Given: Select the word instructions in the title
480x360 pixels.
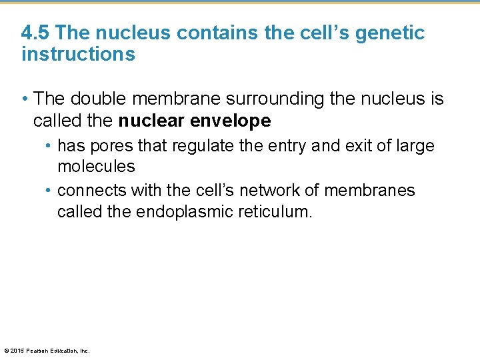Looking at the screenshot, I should [78, 55].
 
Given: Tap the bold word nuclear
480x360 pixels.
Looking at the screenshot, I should [151, 121].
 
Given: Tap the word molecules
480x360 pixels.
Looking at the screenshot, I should [96, 166].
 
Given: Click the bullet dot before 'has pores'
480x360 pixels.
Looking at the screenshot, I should [50, 145].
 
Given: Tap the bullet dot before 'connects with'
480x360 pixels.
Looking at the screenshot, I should [50, 191].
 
